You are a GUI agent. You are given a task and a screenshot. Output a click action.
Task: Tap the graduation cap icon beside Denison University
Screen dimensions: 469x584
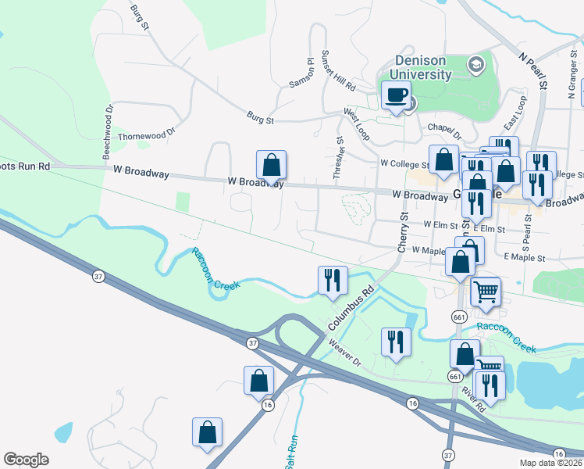tap(475, 64)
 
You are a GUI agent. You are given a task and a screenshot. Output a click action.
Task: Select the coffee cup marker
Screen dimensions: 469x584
tap(396, 96)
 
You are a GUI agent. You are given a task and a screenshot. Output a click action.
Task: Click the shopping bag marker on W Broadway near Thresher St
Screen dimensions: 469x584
tap(271, 166)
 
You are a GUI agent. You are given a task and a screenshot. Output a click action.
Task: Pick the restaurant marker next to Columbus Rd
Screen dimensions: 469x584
tap(333, 281)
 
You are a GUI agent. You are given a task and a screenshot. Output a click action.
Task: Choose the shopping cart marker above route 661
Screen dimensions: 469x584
tap(486, 292)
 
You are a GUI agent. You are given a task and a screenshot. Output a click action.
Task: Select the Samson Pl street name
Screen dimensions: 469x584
tap(302, 73)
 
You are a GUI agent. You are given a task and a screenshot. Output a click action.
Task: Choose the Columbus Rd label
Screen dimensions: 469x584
tap(353, 307)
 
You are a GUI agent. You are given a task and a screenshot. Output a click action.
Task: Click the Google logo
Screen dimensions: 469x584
tap(27, 460)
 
